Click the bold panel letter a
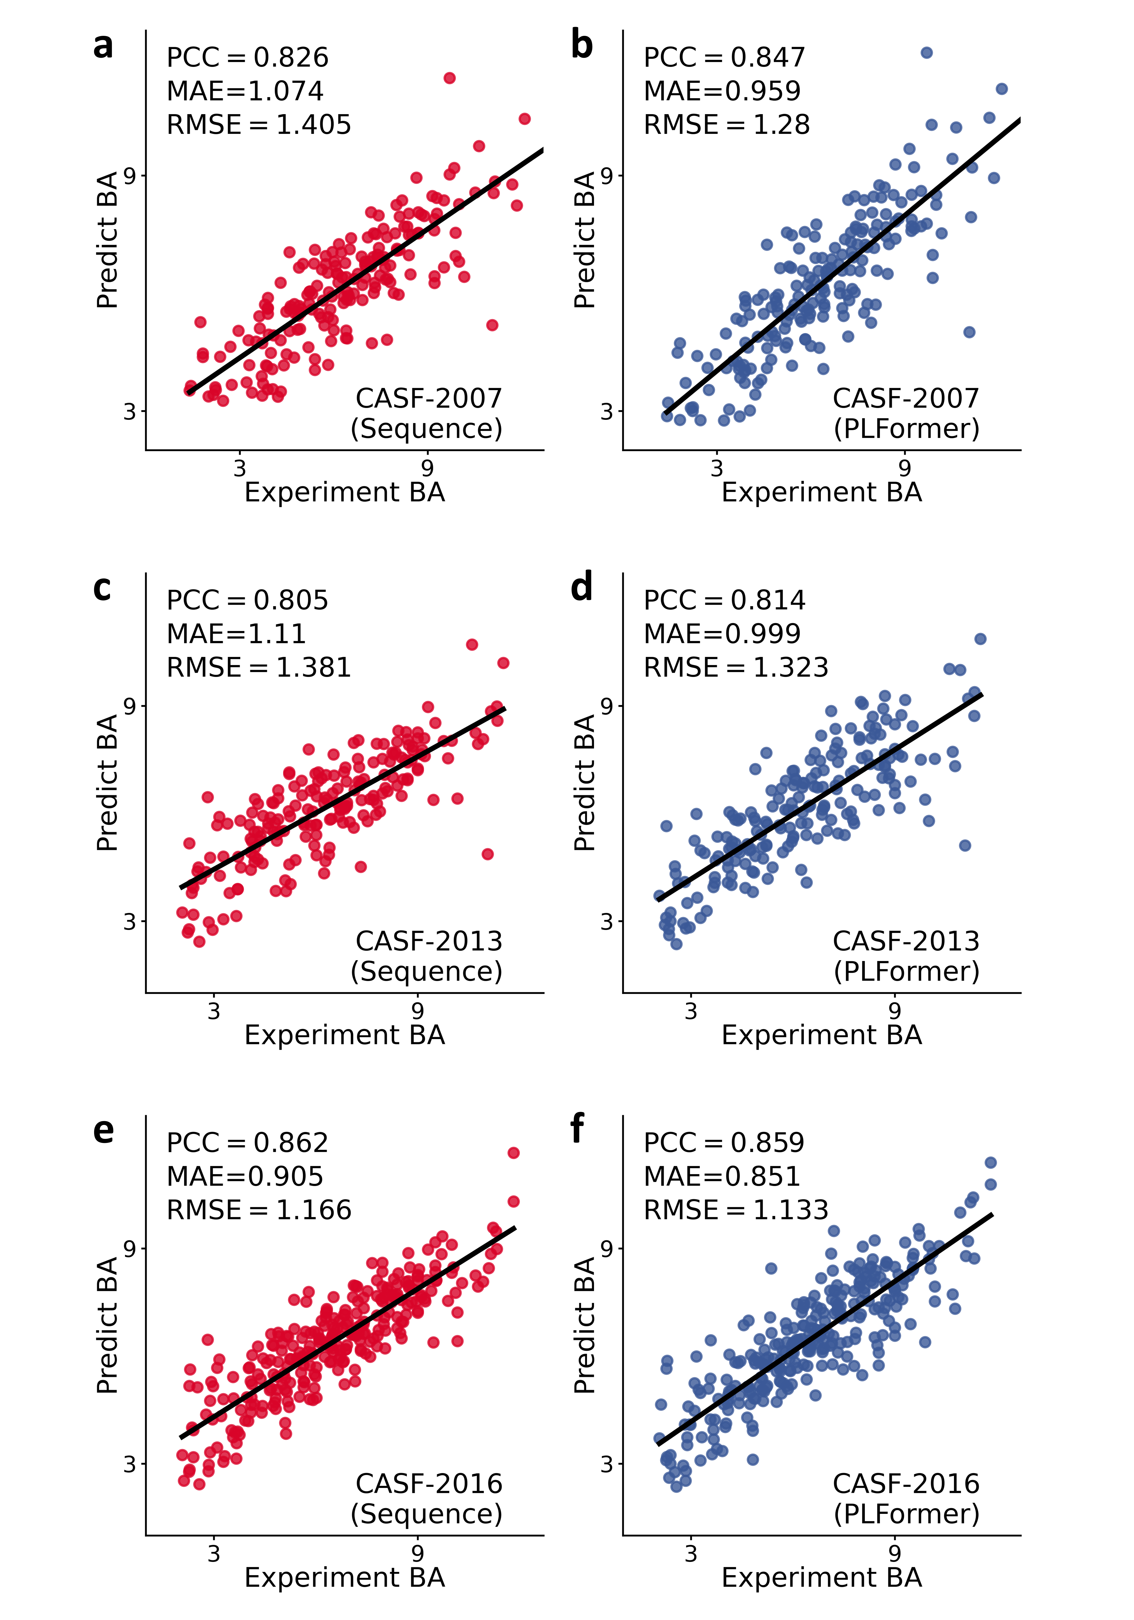coord(103,46)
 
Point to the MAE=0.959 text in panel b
coord(722,91)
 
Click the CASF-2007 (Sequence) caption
coord(428,414)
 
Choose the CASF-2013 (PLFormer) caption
coord(906,956)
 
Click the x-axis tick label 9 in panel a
coord(427,468)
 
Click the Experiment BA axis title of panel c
coord(344,1035)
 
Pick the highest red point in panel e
coord(514,1153)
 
